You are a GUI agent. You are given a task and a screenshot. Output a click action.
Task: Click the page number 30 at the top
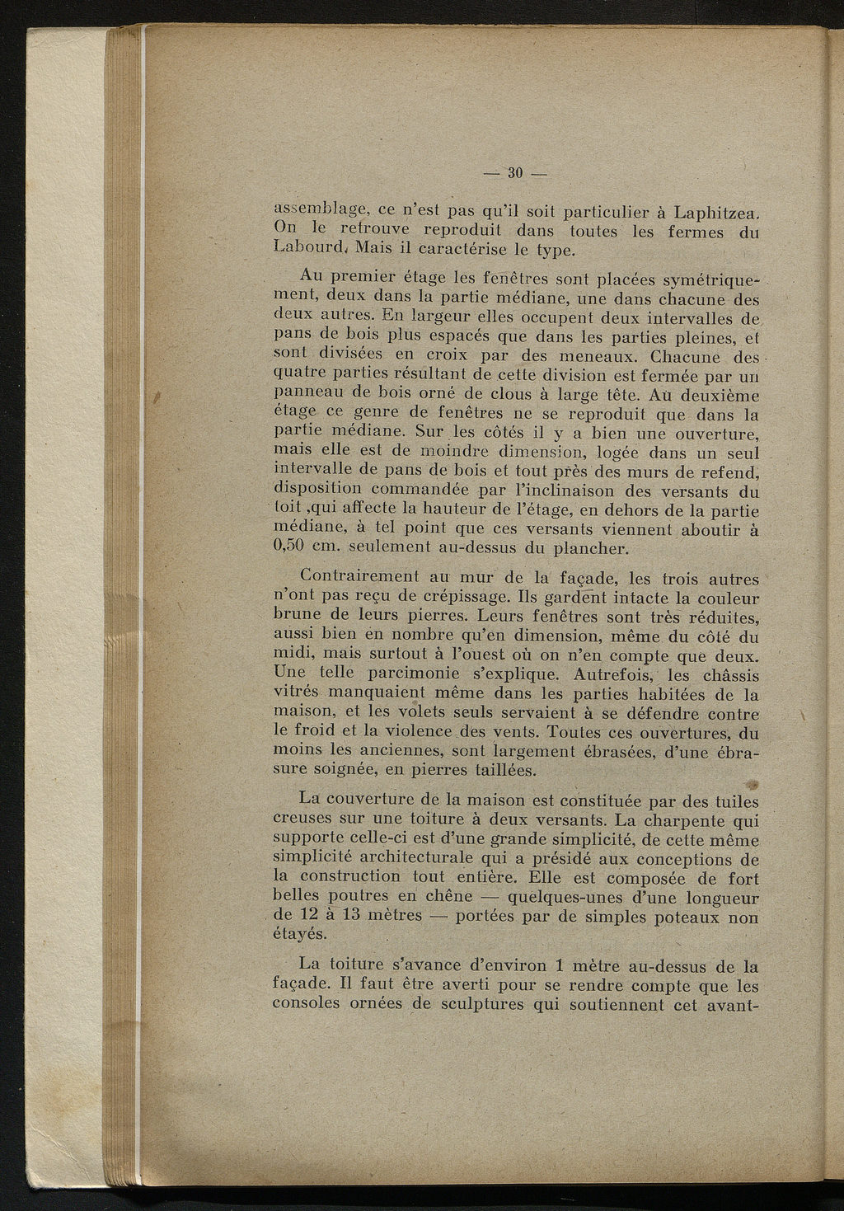coord(516,173)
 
